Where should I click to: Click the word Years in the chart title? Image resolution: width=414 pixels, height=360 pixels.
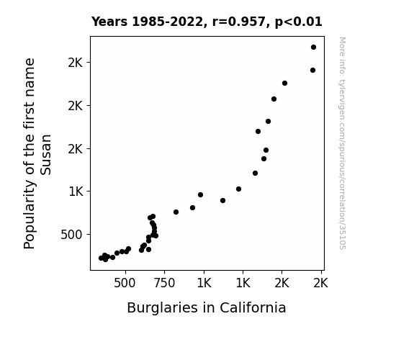[x=109, y=22]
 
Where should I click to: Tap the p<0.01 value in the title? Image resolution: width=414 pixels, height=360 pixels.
[x=298, y=22]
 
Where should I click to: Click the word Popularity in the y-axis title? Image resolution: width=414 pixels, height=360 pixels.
[x=30, y=215]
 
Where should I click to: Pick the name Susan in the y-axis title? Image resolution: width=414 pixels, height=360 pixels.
[x=45, y=155]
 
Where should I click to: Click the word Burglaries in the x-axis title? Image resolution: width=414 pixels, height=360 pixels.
[x=162, y=307]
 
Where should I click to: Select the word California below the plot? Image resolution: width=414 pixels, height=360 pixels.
[x=253, y=307]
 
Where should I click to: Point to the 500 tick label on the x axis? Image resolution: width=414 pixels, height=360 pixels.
[x=125, y=283]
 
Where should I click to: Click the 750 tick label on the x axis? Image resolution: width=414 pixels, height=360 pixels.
[x=164, y=283]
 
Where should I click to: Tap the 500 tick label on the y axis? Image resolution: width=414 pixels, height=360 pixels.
[x=71, y=235]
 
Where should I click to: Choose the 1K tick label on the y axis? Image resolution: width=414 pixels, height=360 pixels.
[x=76, y=192]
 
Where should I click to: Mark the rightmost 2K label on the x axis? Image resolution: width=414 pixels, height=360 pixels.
[x=320, y=283]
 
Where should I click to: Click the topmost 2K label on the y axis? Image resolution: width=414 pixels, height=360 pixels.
[x=76, y=63]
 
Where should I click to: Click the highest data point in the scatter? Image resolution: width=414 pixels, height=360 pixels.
[x=313, y=48]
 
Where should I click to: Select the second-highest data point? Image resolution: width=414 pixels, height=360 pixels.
[x=312, y=71]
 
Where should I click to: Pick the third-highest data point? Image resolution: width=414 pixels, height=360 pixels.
[x=284, y=84]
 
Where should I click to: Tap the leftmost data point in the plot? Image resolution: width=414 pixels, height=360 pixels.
[x=101, y=258]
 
